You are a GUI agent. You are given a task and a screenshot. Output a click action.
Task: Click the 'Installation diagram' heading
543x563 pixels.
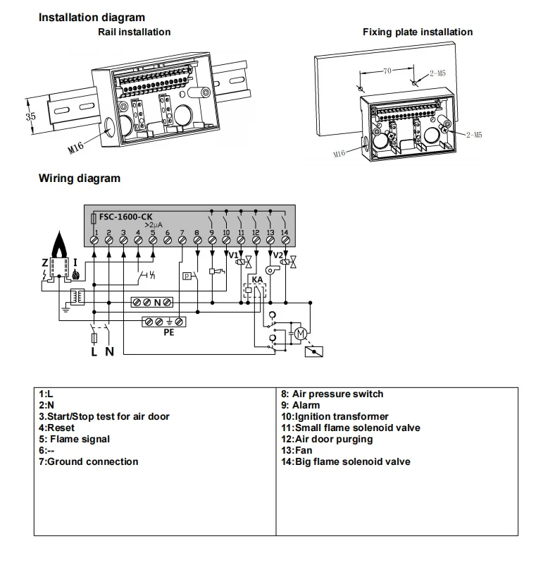coord(92,17)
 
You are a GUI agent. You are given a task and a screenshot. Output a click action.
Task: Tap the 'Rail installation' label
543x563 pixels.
coord(134,32)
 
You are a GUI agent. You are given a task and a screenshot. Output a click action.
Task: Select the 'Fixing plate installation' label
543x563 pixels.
coord(418,32)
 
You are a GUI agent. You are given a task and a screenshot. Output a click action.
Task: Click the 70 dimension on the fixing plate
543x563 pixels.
coord(387,71)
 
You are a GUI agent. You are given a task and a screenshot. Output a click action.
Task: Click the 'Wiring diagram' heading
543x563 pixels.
coord(79,178)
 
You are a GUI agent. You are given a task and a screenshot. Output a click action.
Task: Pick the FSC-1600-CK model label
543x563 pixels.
coord(126,217)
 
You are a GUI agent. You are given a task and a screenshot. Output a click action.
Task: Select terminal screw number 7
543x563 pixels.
coord(182,240)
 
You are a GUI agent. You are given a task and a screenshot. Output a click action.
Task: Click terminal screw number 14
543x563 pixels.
coord(285,240)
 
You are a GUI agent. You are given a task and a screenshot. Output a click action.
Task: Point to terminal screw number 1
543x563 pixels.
coord(95,240)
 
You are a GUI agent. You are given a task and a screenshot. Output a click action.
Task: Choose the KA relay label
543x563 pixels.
coord(258,279)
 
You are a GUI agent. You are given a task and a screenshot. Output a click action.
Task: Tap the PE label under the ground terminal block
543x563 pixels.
coord(168,332)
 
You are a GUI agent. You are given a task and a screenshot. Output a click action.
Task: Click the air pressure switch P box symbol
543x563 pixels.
coord(187,276)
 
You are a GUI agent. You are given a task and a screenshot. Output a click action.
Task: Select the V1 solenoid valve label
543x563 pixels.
coord(233,255)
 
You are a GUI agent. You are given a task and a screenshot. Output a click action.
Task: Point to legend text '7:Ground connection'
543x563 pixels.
coord(89,461)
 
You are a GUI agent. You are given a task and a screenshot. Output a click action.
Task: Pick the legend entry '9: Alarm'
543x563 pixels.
coord(301,405)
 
